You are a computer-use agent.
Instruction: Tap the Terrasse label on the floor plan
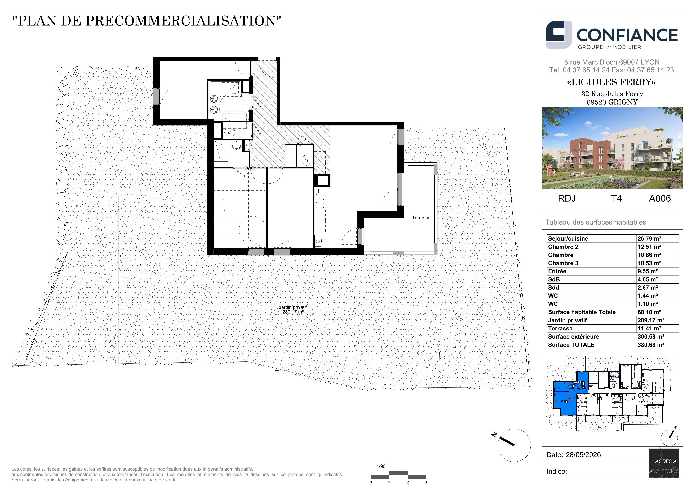click(421, 218)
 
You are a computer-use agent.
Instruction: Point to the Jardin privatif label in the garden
click(293, 307)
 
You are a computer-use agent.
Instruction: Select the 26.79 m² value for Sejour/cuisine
click(649, 239)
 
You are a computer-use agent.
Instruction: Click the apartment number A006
click(660, 199)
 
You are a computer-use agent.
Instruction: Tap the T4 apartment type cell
click(616, 199)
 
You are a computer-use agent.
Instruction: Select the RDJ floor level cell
click(567, 199)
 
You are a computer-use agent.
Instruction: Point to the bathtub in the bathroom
click(225, 86)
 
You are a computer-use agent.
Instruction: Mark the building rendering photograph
click(612, 148)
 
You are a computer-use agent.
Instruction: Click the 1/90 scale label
click(381, 466)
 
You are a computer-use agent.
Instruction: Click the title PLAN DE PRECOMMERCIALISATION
click(146, 21)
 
